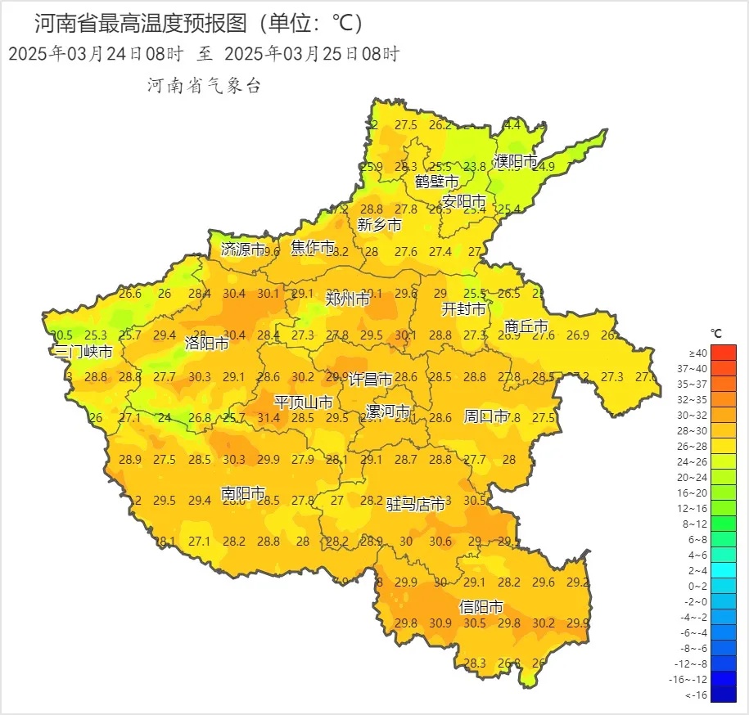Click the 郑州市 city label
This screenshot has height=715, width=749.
(x=348, y=299)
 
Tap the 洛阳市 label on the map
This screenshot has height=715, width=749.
(x=206, y=344)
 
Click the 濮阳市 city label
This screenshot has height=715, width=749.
(x=516, y=161)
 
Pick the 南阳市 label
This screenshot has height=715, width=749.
(x=243, y=493)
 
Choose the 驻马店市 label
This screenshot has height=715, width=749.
(x=416, y=505)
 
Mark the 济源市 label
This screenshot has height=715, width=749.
(x=243, y=250)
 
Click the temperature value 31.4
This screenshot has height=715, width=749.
(x=268, y=418)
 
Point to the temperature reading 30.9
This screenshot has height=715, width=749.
(x=440, y=623)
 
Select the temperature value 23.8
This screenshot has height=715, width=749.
(x=475, y=167)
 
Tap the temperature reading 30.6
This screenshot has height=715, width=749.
(x=440, y=542)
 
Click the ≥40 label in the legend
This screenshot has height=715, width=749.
(x=697, y=353)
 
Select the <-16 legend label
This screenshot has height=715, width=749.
(x=696, y=695)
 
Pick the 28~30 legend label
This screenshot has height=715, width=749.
(x=697, y=430)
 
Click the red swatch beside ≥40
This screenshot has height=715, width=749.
(x=724, y=353)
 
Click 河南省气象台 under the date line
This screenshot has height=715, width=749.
(x=203, y=86)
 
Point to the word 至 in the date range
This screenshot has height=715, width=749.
(x=204, y=55)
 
